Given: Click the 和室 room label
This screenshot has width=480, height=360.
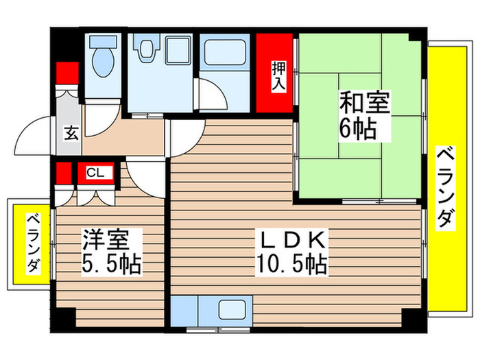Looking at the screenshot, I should pyautogui.click(x=363, y=104).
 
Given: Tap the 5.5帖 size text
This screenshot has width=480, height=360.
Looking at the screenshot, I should pyautogui.click(x=112, y=263).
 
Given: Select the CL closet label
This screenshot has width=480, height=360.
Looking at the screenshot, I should pyautogui.click(x=95, y=173).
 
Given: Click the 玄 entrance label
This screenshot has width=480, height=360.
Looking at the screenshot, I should pyautogui.click(x=71, y=133).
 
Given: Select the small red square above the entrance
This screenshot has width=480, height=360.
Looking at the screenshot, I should pyautogui.click(x=67, y=72).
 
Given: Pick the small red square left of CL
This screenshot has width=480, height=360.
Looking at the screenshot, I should pyautogui.click(x=64, y=173).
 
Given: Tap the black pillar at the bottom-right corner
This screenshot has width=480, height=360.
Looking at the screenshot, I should pyautogui.click(x=411, y=319).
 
